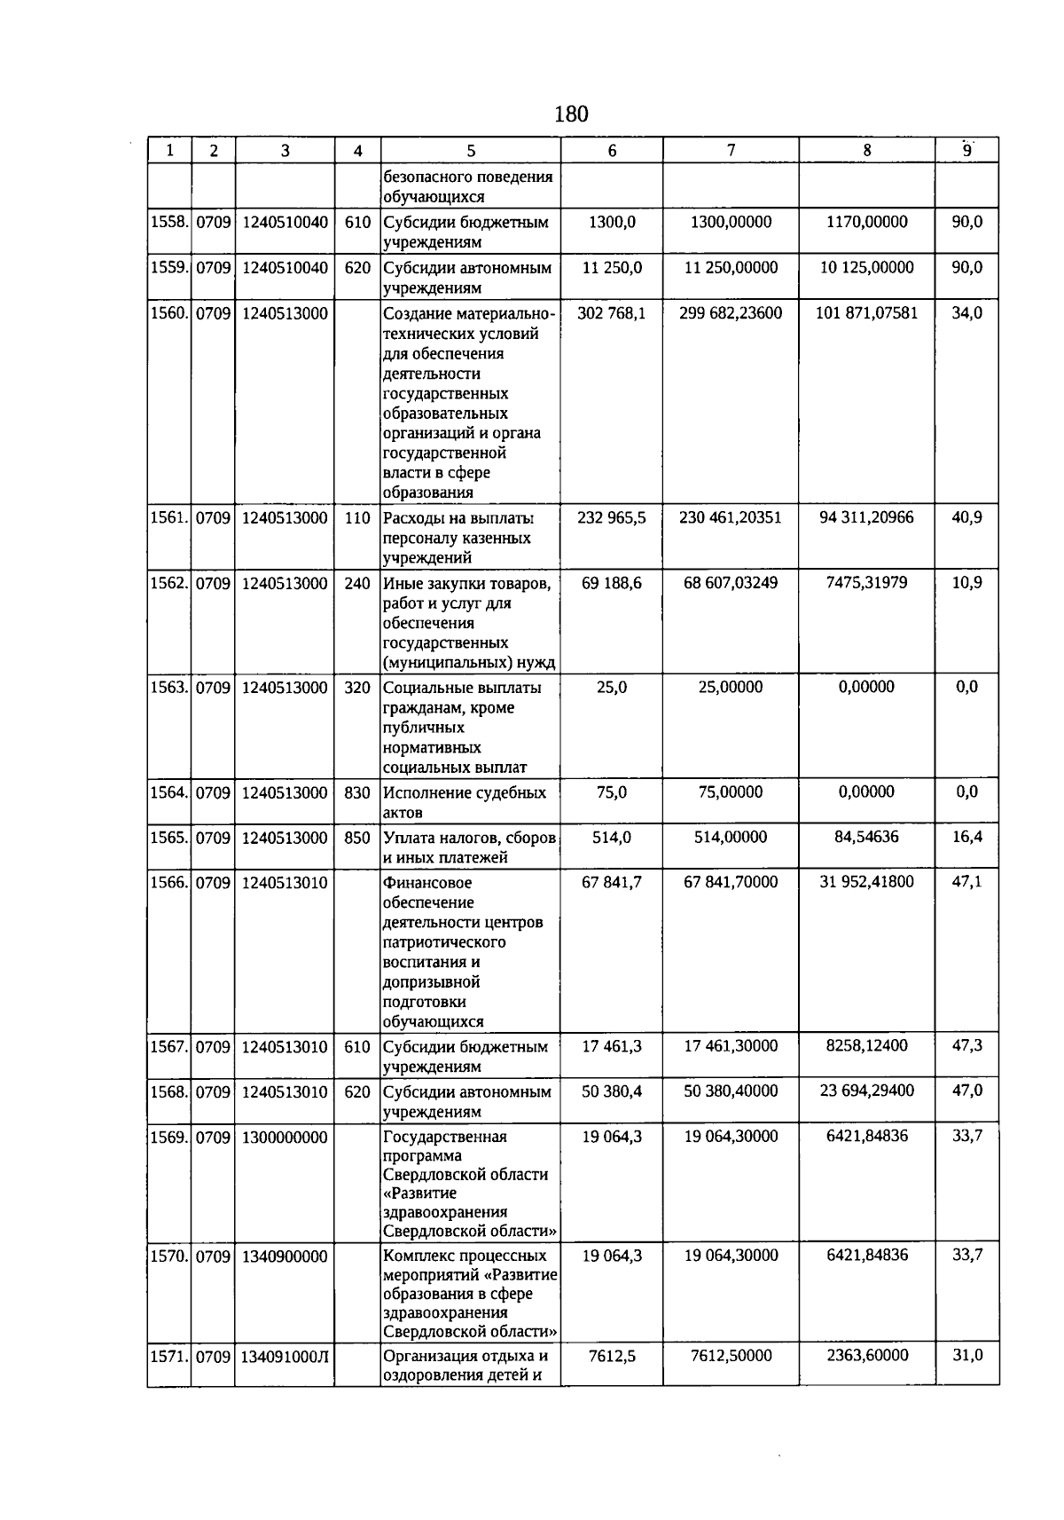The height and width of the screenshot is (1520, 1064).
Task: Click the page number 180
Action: (571, 114)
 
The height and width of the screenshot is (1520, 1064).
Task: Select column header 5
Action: (470, 151)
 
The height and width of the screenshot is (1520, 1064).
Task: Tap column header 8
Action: (866, 151)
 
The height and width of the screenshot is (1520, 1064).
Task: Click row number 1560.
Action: (168, 313)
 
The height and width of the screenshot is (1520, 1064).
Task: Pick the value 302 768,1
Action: (611, 312)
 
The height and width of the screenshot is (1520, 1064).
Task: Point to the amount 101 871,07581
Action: (866, 312)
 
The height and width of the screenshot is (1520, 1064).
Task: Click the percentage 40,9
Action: (966, 517)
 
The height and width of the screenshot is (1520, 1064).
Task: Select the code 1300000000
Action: (285, 1138)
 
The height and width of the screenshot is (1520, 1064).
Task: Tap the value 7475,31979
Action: (866, 583)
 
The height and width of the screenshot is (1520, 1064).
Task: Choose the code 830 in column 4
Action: (356, 793)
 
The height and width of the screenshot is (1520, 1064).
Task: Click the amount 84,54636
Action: (866, 837)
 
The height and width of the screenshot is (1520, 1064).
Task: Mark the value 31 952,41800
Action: (866, 882)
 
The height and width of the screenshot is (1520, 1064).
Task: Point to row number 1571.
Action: (168, 1357)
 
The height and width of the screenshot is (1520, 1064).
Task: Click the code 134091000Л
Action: (285, 1357)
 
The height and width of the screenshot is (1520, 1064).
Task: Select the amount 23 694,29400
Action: (866, 1091)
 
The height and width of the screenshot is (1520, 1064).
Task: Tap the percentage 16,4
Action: (966, 837)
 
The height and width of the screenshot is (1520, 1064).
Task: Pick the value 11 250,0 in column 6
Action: (611, 268)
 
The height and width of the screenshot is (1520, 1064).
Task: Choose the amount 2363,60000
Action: (866, 1355)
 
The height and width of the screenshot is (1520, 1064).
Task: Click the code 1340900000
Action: (285, 1256)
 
